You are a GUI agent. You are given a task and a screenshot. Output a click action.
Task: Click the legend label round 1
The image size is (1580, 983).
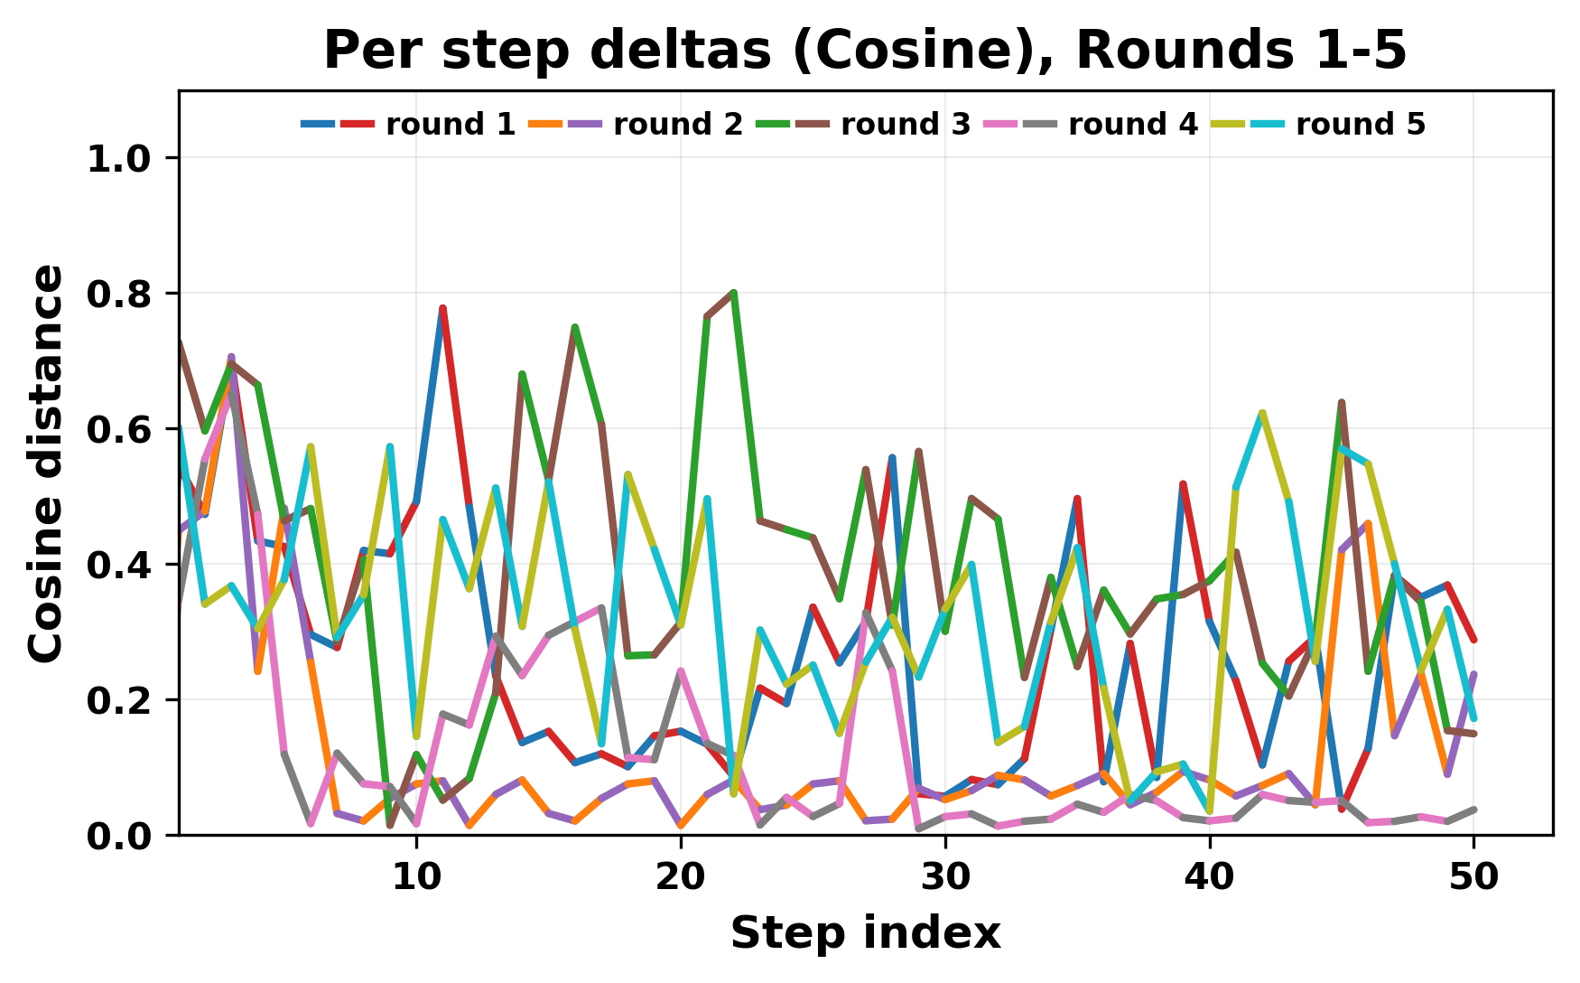pyautogui.click(x=451, y=125)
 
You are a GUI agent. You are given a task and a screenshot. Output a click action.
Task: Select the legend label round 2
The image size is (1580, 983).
pyautogui.click(x=678, y=125)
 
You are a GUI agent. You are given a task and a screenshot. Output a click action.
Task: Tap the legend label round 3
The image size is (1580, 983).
pyautogui.click(x=906, y=125)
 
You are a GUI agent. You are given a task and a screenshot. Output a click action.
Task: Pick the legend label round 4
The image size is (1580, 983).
pyautogui.click(x=1133, y=125)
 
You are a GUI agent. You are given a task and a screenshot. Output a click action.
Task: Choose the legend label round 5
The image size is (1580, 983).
pyautogui.click(x=1361, y=125)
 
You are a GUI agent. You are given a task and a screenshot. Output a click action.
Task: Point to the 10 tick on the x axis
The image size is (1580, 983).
pyautogui.click(x=416, y=877)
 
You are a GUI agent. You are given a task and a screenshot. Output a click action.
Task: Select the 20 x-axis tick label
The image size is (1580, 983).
pyautogui.click(x=681, y=877)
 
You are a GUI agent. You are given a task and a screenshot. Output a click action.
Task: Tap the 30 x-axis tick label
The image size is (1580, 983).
pyautogui.click(x=945, y=877)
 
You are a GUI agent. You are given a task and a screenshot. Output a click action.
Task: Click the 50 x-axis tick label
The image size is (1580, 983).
pyautogui.click(x=1473, y=877)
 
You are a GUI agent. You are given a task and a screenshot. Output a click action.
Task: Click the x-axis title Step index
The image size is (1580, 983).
pyautogui.click(x=865, y=933)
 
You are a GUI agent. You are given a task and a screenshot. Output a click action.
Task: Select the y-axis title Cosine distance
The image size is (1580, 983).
pyautogui.click(x=47, y=463)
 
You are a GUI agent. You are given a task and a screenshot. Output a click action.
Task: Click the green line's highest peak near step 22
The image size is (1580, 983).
pyautogui.click(x=734, y=293)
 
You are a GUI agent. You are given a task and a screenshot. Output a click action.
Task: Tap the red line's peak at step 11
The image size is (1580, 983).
pyautogui.click(x=443, y=308)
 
